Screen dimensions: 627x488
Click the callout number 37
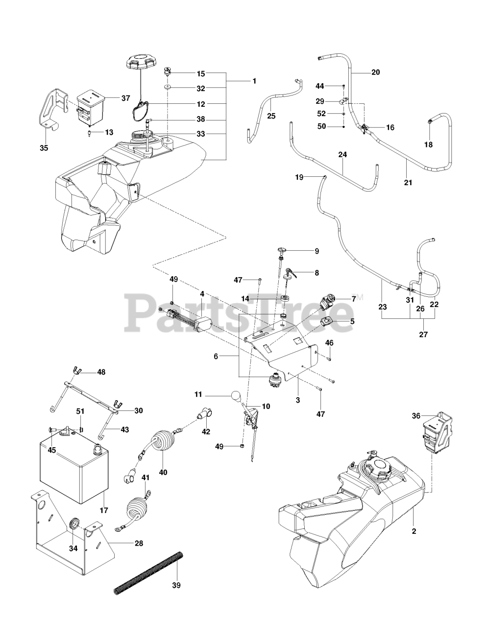[125, 98]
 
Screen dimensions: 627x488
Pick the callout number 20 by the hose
[375, 72]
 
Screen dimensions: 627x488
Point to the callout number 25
[271, 116]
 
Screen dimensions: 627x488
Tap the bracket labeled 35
[49, 108]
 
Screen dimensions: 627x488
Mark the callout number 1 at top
[254, 80]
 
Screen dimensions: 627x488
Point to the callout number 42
[206, 432]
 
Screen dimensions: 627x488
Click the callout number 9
[317, 251]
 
